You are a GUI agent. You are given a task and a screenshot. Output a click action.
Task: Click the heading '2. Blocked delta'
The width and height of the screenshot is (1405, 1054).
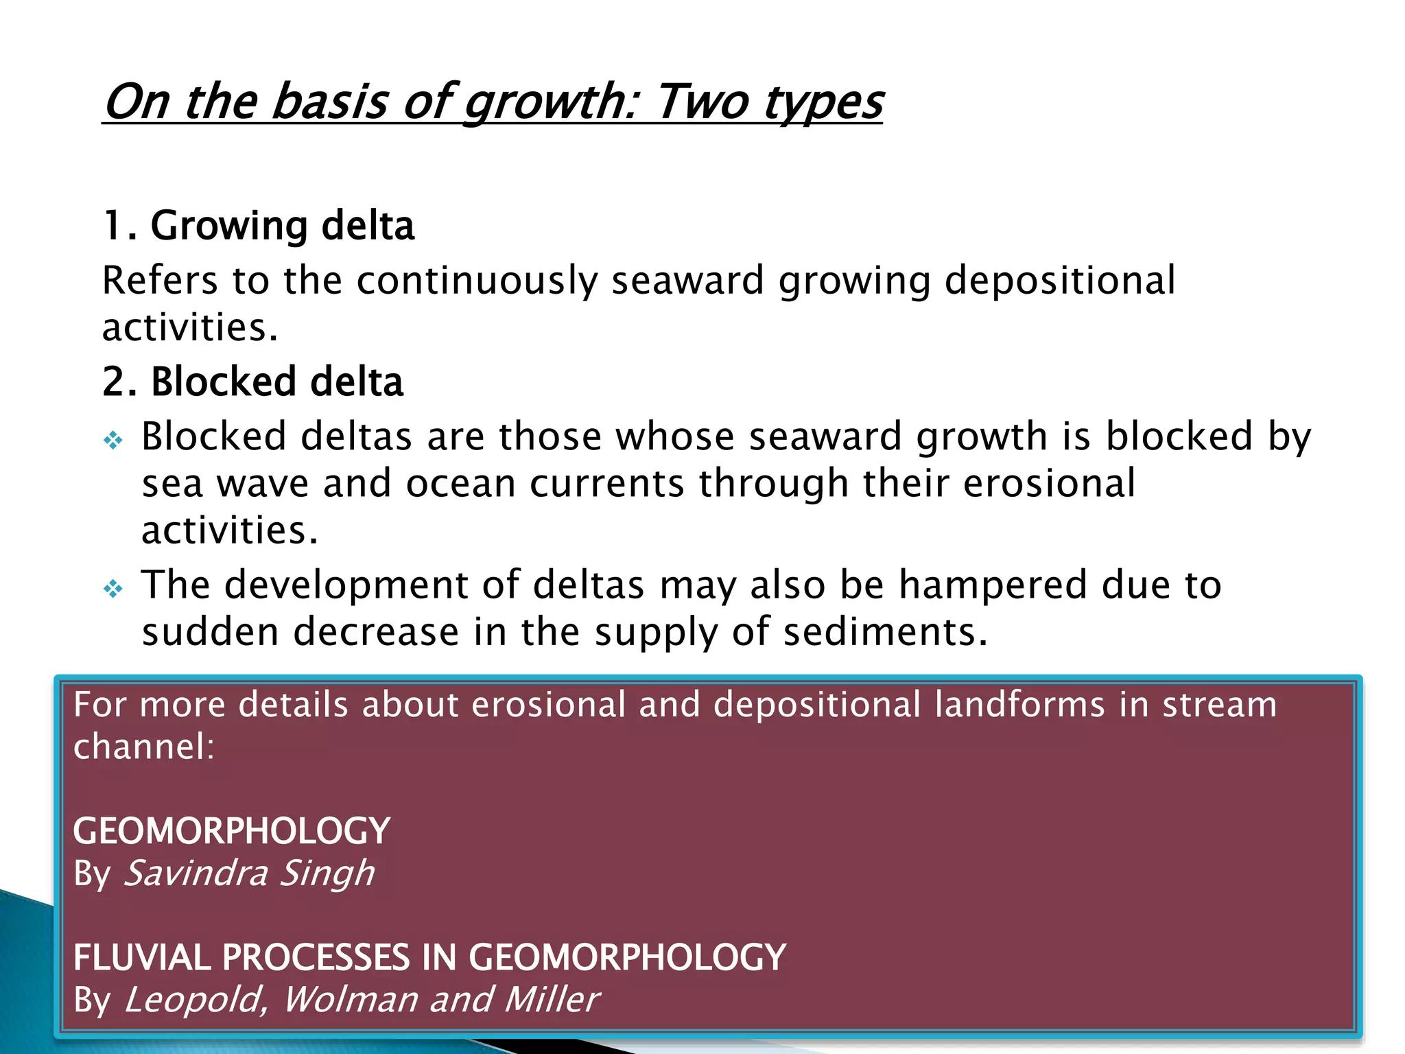253,382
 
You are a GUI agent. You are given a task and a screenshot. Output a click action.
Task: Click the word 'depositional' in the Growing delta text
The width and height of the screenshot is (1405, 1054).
1060,281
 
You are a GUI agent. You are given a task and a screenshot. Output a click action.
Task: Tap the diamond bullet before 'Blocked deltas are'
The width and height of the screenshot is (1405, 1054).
113,439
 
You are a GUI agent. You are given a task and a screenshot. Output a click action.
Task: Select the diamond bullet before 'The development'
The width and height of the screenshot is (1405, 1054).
113,588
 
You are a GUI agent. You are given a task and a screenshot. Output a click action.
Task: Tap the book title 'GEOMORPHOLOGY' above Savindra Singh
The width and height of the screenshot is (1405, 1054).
232,831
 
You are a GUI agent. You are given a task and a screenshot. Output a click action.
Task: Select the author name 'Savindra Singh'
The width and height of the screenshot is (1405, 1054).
249,874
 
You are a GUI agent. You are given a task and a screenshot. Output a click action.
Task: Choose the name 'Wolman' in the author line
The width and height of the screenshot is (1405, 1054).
350,1000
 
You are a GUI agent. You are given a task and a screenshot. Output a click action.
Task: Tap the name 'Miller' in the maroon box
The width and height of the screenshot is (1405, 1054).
552,1000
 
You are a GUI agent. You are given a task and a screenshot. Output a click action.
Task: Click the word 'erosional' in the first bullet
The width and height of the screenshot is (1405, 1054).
1049,484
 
